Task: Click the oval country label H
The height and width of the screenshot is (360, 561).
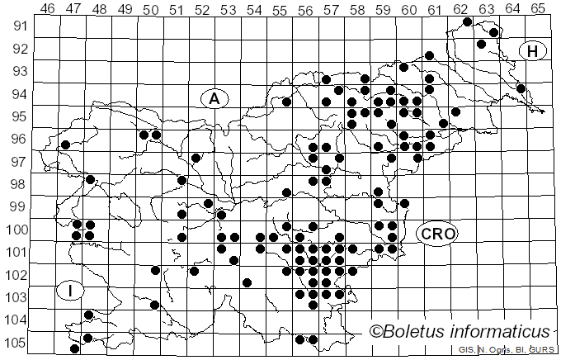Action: coord(534,51)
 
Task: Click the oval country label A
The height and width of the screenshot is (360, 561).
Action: coord(214,98)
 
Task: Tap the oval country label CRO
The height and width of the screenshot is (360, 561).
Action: coord(436,234)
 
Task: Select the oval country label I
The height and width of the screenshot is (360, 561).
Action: coord(72,290)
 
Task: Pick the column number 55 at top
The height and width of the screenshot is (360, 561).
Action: coord(280,8)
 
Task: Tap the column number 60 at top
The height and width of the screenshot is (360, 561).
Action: coord(408,8)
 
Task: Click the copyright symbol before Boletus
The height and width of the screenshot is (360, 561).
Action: coord(375,332)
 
